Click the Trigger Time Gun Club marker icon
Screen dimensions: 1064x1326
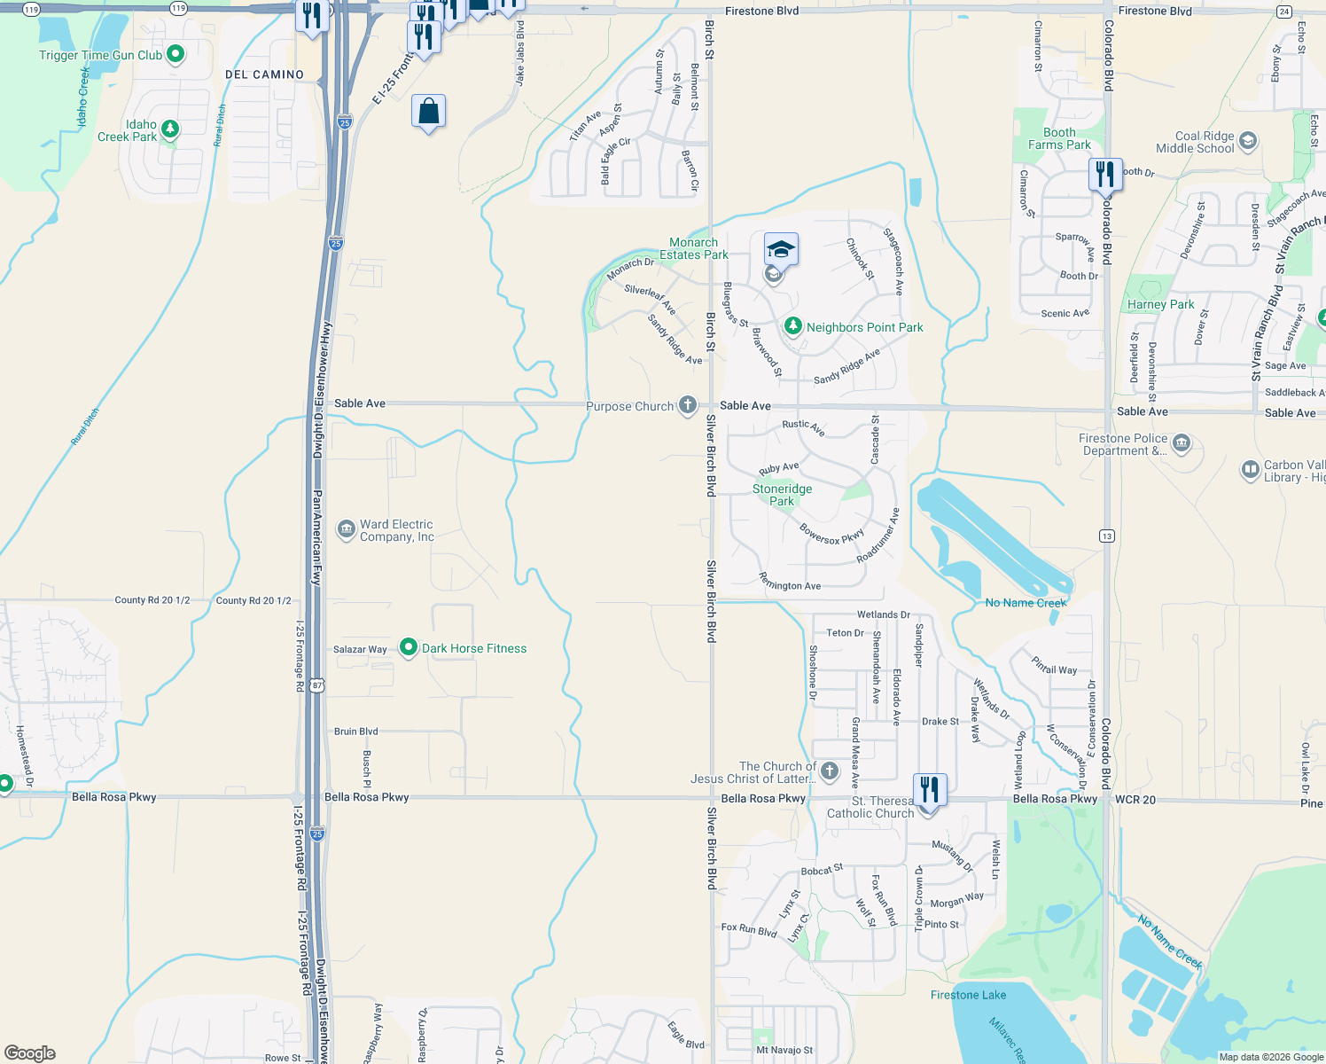pyautogui.click(x=175, y=54)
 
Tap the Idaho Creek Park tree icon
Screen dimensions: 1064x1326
pyautogui.click(x=170, y=129)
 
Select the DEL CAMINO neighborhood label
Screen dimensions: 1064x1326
pyautogui.click(x=264, y=75)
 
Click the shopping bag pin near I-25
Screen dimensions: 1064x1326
pyautogui.click(x=428, y=113)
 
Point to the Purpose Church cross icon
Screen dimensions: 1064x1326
pyautogui.click(x=688, y=405)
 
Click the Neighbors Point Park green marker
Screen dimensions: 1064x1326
pyautogui.click(x=793, y=326)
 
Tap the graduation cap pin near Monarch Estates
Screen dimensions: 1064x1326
pyautogui.click(x=781, y=250)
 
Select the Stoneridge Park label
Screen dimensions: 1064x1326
pyautogui.click(x=782, y=495)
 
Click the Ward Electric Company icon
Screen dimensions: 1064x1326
pyautogui.click(x=346, y=529)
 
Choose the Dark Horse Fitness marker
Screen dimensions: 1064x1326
pyautogui.click(x=409, y=648)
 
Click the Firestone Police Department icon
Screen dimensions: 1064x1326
pyautogui.click(x=1182, y=443)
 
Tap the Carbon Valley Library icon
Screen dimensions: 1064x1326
pyautogui.click(x=1250, y=470)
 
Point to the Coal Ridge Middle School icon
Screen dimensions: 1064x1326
pyautogui.click(x=1248, y=141)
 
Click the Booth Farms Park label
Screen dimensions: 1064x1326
pyautogui.click(x=1059, y=139)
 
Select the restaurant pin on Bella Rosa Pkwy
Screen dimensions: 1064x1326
pyautogui.click(x=930, y=789)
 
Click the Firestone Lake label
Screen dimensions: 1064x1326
pyautogui.click(x=968, y=995)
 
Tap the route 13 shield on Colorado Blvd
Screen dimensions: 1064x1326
pyautogui.click(x=1106, y=536)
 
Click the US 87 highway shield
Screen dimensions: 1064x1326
pyautogui.click(x=317, y=685)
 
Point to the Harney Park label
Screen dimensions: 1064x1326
pyautogui.click(x=1160, y=304)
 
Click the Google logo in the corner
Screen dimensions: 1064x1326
pyautogui.click(x=30, y=1052)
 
